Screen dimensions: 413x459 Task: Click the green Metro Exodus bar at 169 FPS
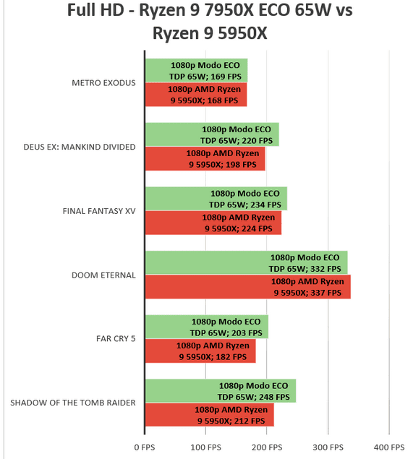(x=196, y=70)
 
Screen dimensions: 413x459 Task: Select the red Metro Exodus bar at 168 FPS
(x=196, y=95)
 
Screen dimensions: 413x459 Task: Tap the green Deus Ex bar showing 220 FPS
(x=212, y=134)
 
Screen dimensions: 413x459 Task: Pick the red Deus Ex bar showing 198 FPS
(x=205, y=158)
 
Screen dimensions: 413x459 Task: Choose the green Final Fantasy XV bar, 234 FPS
(x=216, y=199)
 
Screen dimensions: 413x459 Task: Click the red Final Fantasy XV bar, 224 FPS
(x=213, y=223)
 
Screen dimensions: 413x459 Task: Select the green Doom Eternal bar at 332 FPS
(x=247, y=262)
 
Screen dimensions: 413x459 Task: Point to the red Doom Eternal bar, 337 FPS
(x=248, y=287)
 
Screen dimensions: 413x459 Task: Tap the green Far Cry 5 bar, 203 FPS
(x=207, y=327)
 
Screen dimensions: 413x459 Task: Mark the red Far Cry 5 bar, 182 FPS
(x=200, y=351)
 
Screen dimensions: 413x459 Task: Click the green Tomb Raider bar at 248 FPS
(x=221, y=391)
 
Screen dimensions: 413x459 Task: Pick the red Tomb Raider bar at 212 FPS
(x=210, y=415)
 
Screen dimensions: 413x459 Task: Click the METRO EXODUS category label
(x=103, y=83)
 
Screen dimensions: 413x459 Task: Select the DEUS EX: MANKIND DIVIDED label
(x=80, y=147)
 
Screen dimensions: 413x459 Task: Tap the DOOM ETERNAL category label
(x=103, y=275)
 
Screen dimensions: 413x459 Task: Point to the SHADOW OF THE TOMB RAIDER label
(x=73, y=403)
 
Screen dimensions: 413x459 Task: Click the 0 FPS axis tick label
(x=145, y=447)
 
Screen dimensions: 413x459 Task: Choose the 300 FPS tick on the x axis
(x=328, y=447)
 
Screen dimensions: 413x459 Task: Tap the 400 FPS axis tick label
(x=389, y=447)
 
